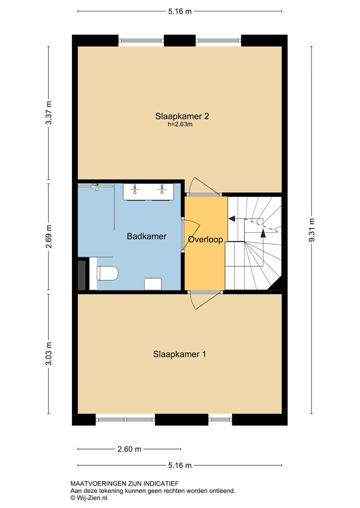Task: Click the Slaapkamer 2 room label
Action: coord(181,116)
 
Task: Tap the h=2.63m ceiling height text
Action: coord(180,125)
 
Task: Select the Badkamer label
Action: coord(146,236)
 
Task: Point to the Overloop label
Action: coord(205,240)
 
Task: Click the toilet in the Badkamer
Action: coord(107,273)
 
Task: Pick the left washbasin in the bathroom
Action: coord(134,190)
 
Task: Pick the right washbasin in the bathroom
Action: coord(161,190)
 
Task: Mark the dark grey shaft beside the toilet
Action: coord(82,274)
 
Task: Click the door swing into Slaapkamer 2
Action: coord(203,186)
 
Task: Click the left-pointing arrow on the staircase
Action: coord(232,218)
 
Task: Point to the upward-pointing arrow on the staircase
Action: coord(263,233)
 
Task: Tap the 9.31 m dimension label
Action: coord(312,230)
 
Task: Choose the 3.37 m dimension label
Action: coord(48,113)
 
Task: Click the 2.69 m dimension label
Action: coord(48,236)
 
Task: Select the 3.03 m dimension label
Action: coord(48,354)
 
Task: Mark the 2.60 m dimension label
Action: coord(129,449)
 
